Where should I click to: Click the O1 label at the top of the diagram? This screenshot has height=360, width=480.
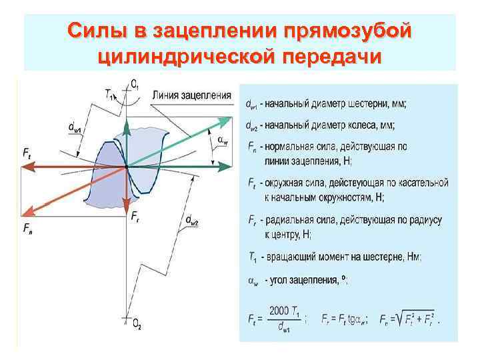click(x=135, y=84)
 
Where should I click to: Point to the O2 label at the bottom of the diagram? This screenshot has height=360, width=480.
click(x=137, y=325)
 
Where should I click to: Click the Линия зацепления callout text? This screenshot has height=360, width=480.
click(x=191, y=95)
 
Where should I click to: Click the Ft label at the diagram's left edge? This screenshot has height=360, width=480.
click(x=27, y=153)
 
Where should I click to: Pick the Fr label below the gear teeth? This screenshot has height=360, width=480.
click(x=135, y=216)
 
